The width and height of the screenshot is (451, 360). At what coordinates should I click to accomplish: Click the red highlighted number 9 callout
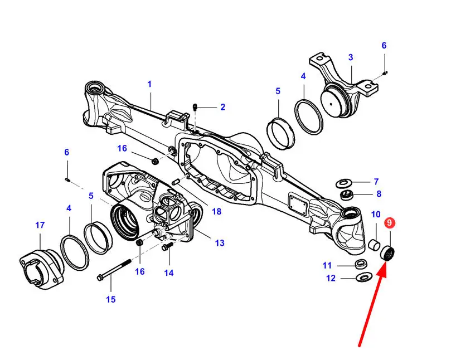[x=390, y=223]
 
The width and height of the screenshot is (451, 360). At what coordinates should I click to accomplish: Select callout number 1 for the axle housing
[x=149, y=84]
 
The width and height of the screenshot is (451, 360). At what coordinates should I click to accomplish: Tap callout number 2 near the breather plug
[x=222, y=107]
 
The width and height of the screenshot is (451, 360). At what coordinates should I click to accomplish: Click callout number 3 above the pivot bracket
[x=350, y=57]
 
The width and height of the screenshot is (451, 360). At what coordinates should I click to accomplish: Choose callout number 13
[x=220, y=243]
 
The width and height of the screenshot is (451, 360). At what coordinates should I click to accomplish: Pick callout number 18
[x=217, y=212]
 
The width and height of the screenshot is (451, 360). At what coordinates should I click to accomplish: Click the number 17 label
[x=40, y=225]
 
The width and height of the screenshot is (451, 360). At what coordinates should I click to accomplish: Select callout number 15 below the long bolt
[x=111, y=299]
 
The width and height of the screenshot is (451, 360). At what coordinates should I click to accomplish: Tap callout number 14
[x=169, y=273]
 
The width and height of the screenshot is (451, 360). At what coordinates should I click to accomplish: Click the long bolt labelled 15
[x=114, y=269]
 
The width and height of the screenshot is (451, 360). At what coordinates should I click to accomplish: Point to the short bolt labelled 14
[x=167, y=246]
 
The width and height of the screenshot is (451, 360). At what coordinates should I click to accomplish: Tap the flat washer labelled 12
[x=364, y=277]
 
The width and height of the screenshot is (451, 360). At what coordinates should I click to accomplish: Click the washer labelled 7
[x=344, y=183]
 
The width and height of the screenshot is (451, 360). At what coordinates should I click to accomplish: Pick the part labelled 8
[x=347, y=194]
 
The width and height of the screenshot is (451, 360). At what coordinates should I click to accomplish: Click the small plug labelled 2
[x=195, y=108]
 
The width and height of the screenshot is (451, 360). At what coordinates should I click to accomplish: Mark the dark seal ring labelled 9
[x=388, y=254]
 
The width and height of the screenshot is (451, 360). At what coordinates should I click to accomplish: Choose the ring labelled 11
[x=361, y=264]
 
